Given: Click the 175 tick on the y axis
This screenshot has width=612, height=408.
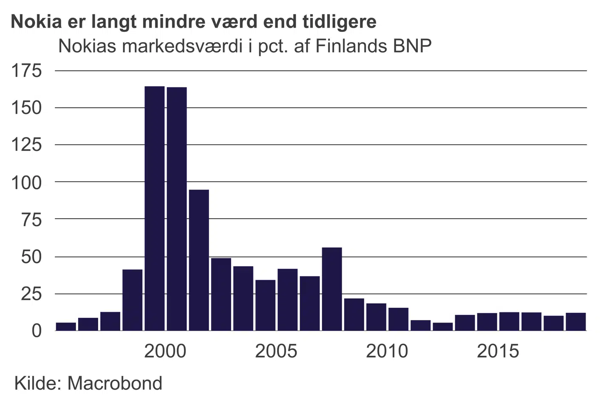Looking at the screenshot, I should tap(26, 71).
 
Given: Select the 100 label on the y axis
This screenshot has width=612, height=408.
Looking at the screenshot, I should tap(26, 182).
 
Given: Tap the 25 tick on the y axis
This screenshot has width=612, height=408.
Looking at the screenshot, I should tap(31, 294).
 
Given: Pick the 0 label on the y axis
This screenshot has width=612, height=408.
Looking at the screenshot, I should tap(37, 331).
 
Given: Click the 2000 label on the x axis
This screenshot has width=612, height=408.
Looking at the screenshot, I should tap(165, 351).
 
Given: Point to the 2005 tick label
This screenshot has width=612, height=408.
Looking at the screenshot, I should tap(276, 351).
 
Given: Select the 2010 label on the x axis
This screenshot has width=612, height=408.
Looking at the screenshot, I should tap(387, 351).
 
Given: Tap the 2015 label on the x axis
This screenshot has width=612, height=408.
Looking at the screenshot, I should tap(498, 351).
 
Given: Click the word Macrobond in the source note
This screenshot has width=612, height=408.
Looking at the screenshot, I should tap(115, 383).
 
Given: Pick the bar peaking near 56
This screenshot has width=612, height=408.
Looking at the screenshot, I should tap(332, 289).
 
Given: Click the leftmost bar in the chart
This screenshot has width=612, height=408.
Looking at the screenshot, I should tap(66, 326).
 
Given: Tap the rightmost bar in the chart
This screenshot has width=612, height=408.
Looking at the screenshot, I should tap(576, 322).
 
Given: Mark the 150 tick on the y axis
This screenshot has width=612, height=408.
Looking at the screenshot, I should tap(26, 108).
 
